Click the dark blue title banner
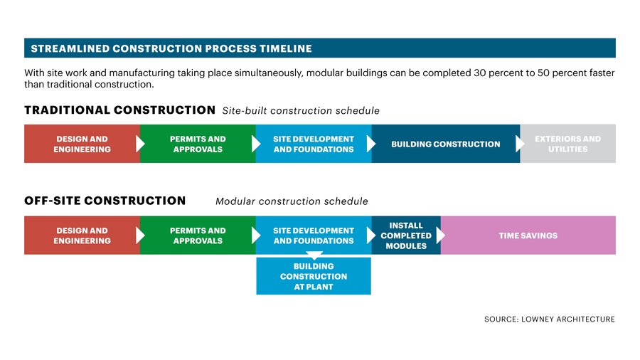click(320, 48)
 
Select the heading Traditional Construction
click(119, 110)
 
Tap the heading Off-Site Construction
click(105, 201)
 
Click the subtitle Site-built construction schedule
click(301, 111)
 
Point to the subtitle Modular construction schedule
click(292, 201)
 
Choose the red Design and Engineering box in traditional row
click(82, 144)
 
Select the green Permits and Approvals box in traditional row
click(198, 144)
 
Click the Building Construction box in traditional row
click(446, 144)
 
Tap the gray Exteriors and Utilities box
click(567, 144)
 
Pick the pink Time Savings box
click(528, 235)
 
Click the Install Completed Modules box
click(406, 235)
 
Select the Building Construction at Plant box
click(314, 276)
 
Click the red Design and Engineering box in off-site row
click(82, 235)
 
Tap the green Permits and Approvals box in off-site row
click(198, 235)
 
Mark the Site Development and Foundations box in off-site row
click(314, 235)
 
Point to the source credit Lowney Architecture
click(550, 319)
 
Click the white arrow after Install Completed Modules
click(441, 235)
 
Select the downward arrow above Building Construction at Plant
click(314, 255)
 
